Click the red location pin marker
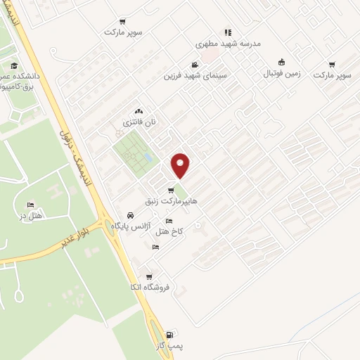pos(181,165)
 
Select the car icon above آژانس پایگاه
pos(130,215)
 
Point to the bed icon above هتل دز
pos(29,204)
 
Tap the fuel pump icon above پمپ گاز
pos(168,335)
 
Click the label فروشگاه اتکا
pos(145,287)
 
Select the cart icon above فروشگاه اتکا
pos(148,276)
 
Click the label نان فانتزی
pos(139,122)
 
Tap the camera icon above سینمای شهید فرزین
pos(194,65)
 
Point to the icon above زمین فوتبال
pos(281,62)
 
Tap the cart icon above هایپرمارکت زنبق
pos(171,191)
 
